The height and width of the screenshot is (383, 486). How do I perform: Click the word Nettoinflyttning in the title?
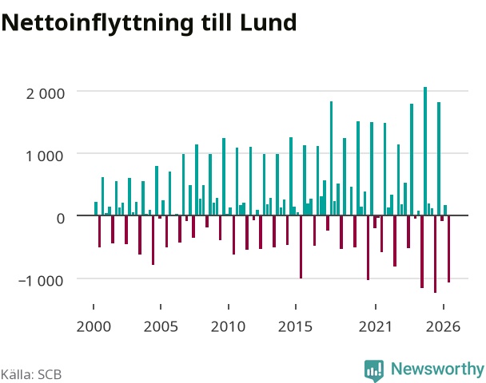(x=98, y=23)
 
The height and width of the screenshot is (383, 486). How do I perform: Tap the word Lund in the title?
(x=268, y=22)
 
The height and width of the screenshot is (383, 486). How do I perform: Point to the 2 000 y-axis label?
(x=46, y=93)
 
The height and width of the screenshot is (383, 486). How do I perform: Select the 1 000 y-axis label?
(x=46, y=156)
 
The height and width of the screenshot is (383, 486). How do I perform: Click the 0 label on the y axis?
(x=61, y=219)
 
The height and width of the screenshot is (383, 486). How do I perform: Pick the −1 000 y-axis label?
(x=41, y=281)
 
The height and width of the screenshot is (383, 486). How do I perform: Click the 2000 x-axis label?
(x=94, y=326)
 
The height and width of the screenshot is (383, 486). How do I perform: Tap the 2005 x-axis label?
(x=161, y=326)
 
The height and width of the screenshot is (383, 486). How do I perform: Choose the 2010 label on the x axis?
(x=228, y=326)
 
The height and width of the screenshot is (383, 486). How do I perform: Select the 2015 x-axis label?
(x=296, y=326)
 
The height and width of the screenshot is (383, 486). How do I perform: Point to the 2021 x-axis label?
(x=376, y=326)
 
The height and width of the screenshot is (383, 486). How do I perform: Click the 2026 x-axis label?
(x=443, y=326)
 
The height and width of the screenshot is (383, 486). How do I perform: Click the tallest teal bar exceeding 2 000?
(x=425, y=151)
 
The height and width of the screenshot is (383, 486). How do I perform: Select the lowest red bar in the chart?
(x=435, y=254)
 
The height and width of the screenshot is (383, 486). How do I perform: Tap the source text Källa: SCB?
(x=31, y=374)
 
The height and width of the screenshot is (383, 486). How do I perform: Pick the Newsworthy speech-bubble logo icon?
(x=374, y=370)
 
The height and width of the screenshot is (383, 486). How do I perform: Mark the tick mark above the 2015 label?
(x=296, y=306)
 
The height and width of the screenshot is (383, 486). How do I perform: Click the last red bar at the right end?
(x=448, y=249)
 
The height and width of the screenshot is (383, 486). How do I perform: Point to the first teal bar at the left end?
(x=96, y=208)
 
